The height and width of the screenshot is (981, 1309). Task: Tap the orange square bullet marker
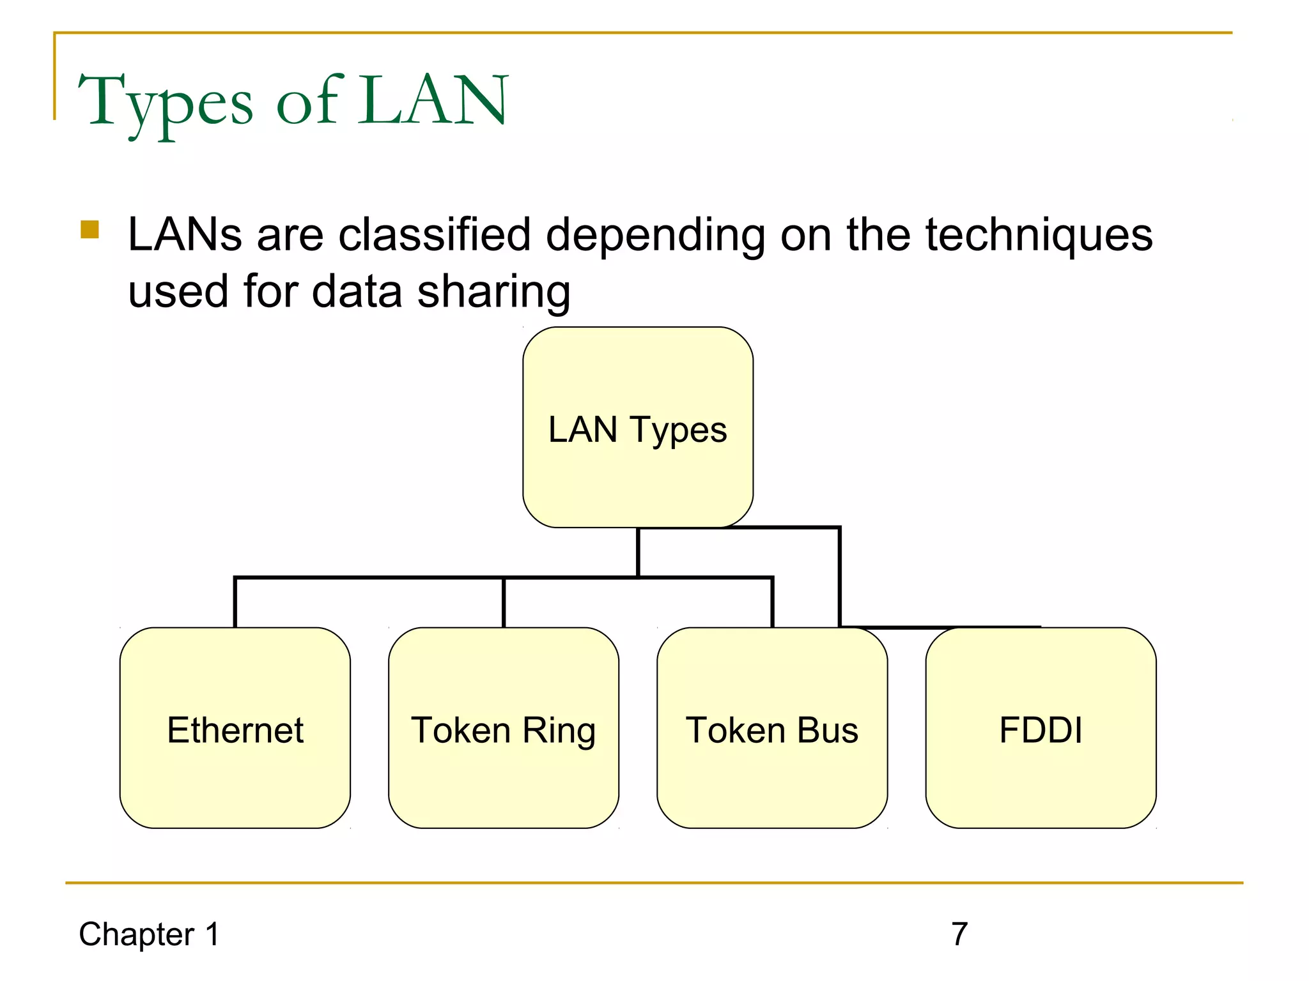click(90, 229)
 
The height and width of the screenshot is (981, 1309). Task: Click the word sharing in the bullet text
click(493, 292)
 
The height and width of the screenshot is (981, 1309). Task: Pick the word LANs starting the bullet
click(185, 234)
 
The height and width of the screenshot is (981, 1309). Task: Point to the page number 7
click(959, 934)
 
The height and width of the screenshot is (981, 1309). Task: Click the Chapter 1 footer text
click(149, 934)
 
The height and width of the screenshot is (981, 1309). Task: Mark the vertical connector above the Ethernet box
click(235, 603)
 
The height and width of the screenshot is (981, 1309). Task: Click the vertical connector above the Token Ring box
click(504, 603)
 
